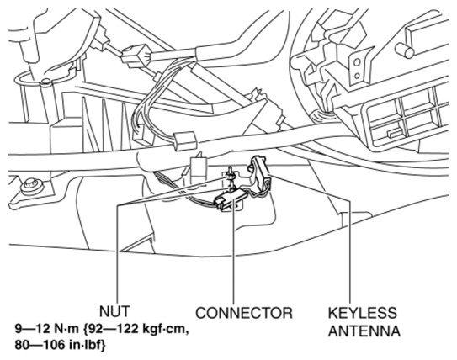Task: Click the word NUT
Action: pos(114,312)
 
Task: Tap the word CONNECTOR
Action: pos(244,313)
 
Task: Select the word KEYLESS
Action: pos(362,313)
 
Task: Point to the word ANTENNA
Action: pos(364,331)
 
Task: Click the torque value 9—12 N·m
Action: pos(46,329)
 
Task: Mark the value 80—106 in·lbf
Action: pos(59,345)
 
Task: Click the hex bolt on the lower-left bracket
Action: pos(31,187)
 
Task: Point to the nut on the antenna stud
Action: pos(231,175)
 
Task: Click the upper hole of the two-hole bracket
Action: pos(357,62)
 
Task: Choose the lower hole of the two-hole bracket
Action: pos(357,76)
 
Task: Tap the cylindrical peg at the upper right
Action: pos(405,50)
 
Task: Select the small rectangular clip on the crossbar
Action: pos(185,140)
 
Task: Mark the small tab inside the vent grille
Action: pos(394,134)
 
